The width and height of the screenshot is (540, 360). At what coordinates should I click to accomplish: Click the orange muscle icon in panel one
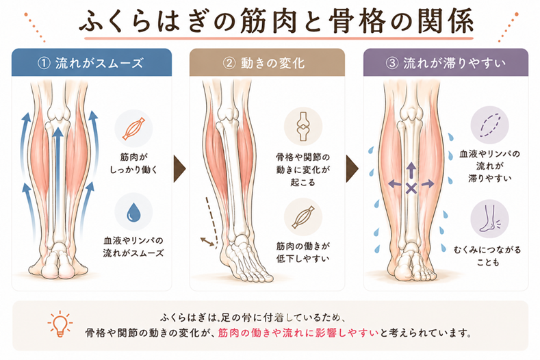(x=133, y=128)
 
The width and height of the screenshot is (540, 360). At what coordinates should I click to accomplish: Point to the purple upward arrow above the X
(x=411, y=169)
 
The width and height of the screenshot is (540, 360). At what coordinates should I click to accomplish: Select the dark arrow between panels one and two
(x=180, y=166)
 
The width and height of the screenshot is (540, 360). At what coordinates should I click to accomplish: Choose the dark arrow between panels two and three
(x=354, y=166)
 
